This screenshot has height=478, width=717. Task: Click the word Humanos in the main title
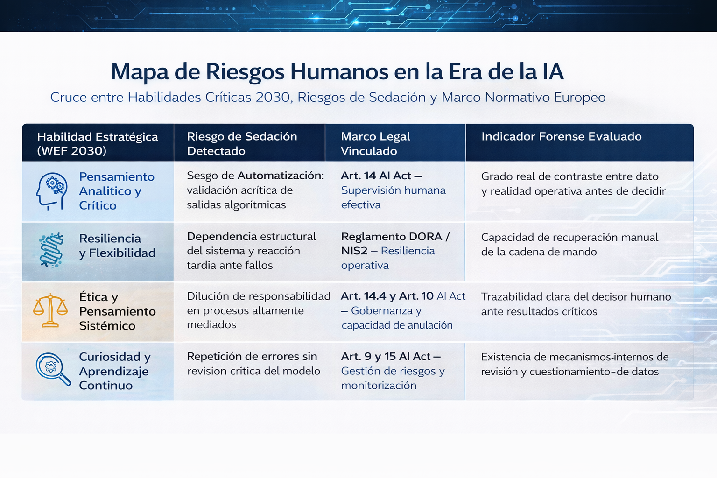[x=339, y=72]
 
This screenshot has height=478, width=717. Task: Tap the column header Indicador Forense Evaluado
[x=562, y=137]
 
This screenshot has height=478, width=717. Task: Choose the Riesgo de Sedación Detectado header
[x=242, y=143]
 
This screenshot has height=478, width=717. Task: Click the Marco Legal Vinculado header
[x=375, y=143]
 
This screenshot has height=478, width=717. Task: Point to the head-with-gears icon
[x=51, y=191]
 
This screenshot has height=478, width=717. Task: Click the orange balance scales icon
[x=50, y=310]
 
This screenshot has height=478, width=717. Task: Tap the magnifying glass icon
[x=53, y=369]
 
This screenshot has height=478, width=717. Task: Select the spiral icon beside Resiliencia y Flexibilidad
[x=51, y=250]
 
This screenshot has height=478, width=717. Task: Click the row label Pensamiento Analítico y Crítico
[x=117, y=191]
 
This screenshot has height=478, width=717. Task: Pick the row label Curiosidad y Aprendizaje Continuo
[x=114, y=371]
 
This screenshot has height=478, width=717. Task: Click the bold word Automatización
[x=281, y=176]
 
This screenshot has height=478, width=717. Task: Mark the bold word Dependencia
[x=222, y=237]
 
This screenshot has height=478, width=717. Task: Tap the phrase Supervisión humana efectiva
[x=393, y=197]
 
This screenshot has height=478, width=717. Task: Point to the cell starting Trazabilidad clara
[x=576, y=304]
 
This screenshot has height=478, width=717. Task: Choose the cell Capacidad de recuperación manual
[x=569, y=245]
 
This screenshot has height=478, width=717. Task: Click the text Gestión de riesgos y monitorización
[x=393, y=378]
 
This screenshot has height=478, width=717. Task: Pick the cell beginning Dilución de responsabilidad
[x=259, y=310]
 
